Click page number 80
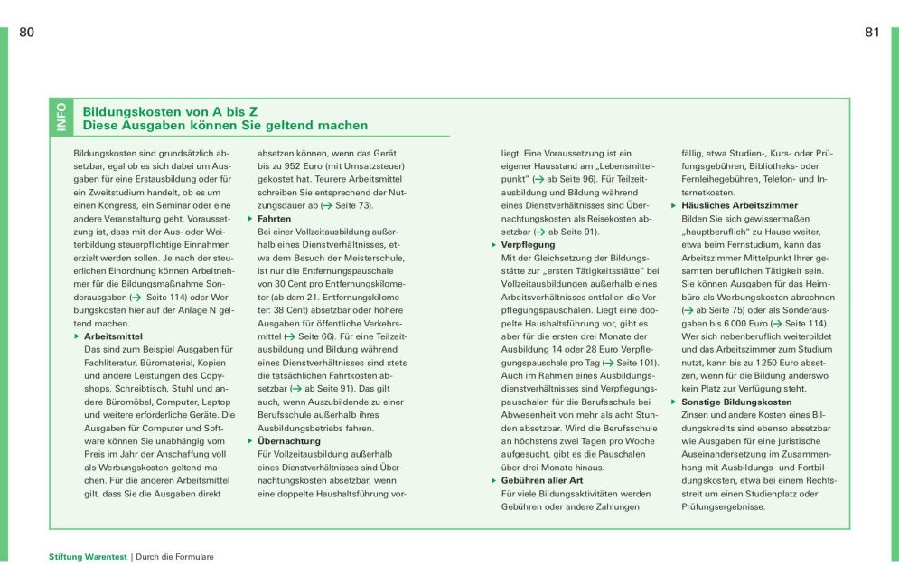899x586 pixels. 26,33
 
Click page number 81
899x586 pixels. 872,33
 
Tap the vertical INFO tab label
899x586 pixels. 61,118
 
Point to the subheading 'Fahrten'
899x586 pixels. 275,219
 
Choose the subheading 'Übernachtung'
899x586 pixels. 289,440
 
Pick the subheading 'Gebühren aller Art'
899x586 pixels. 542,480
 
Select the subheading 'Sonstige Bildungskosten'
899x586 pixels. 736,402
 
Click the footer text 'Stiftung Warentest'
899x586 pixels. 89,557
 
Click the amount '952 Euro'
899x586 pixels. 304,167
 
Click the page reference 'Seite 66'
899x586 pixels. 316,336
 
